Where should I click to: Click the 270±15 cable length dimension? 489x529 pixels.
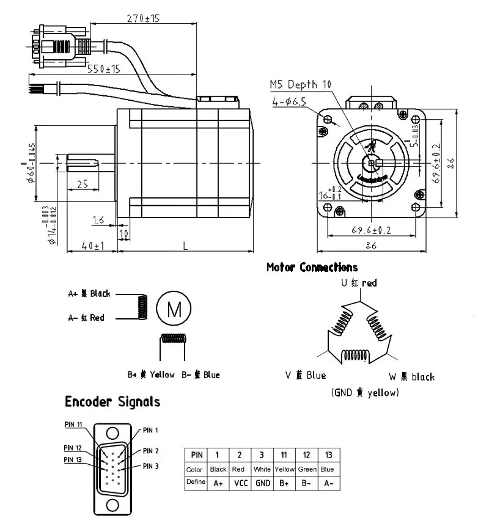click(143, 18)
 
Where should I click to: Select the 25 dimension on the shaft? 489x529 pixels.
click(83, 183)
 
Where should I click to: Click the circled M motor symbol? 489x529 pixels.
click(174, 309)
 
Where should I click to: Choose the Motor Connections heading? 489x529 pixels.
click(312, 268)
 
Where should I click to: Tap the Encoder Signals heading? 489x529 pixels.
click(112, 402)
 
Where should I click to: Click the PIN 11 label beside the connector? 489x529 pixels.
click(74, 423)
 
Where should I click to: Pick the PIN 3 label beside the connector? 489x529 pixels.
click(150, 466)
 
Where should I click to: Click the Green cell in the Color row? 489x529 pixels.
click(306, 469)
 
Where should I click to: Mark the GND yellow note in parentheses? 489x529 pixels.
click(365, 392)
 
